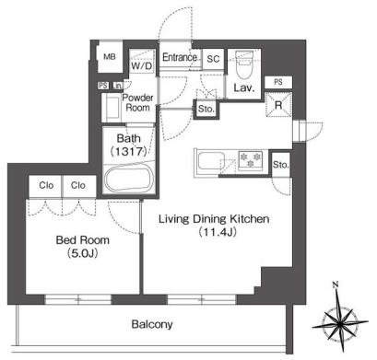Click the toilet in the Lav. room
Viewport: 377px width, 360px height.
coord(244,65)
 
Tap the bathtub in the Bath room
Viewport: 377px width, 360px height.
coord(129,180)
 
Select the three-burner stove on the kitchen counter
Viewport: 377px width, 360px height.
coord(251,159)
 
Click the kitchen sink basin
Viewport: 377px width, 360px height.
coord(210,161)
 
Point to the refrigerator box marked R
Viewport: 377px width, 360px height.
coord(278,105)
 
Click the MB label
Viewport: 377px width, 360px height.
coord(110,57)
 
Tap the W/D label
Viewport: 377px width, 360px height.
coord(142,65)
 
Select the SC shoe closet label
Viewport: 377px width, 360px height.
coord(213,59)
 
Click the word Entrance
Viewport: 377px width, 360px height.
coord(180,57)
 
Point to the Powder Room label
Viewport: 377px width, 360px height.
coord(137,103)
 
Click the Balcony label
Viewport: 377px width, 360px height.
coord(152,324)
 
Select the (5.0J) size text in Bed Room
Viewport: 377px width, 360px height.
coord(82,253)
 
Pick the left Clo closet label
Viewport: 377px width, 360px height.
coord(46,185)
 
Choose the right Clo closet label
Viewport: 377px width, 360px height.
coord(78,185)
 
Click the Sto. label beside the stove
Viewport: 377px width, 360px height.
coord(281,165)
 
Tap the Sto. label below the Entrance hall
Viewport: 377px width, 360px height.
coord(206,109)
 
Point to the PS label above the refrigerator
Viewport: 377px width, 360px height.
coord(278,82)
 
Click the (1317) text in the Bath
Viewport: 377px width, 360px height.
coord(128,151)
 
